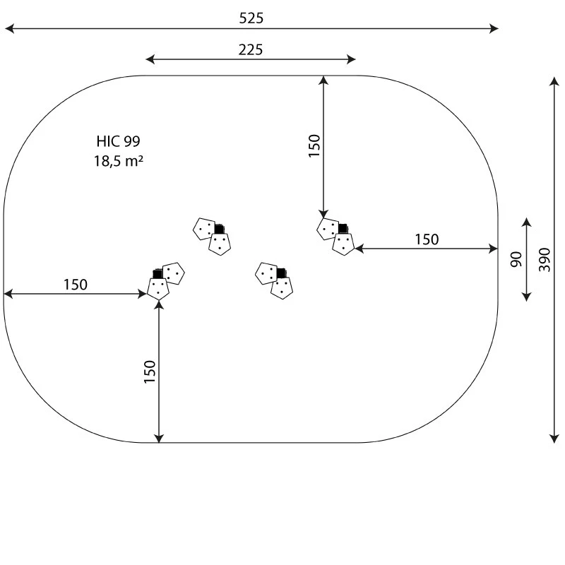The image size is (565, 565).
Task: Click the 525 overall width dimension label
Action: click(x=251, y=18)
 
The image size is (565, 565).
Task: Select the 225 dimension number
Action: click(x=251, y=49)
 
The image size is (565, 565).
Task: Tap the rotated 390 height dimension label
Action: click(x=545, y=260)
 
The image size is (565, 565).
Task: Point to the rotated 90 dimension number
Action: click(x=516, y=259)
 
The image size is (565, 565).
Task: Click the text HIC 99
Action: click(x=118, y=141)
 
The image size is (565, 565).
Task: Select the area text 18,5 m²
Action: click(x=119, y=161)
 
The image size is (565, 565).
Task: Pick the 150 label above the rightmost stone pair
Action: click(x=314, y=145)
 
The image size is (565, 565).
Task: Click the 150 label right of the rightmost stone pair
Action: click(x=427, y=239)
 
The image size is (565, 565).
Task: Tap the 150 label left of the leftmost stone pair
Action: click(x=76, y=285)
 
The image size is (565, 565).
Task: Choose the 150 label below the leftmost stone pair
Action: click(x=150, y=372)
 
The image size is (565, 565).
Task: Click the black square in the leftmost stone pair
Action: click(x=157, y=274)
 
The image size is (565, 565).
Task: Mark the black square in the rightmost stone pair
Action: click(x=343, y=228)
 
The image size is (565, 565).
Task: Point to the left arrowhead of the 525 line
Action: click(x=9, y=28)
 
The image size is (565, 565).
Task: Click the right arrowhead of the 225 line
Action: click(x=351, y=59)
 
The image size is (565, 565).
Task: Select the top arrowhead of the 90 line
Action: click(x=526, y=222)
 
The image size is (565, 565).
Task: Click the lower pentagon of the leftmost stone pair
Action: click(x=157, y=289)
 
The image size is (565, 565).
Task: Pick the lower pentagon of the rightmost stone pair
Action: click(x=343, y=244)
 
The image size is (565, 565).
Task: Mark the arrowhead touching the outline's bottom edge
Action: click(x=159, y=438)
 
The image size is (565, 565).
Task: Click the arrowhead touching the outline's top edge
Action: click(x=323, y=81)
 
